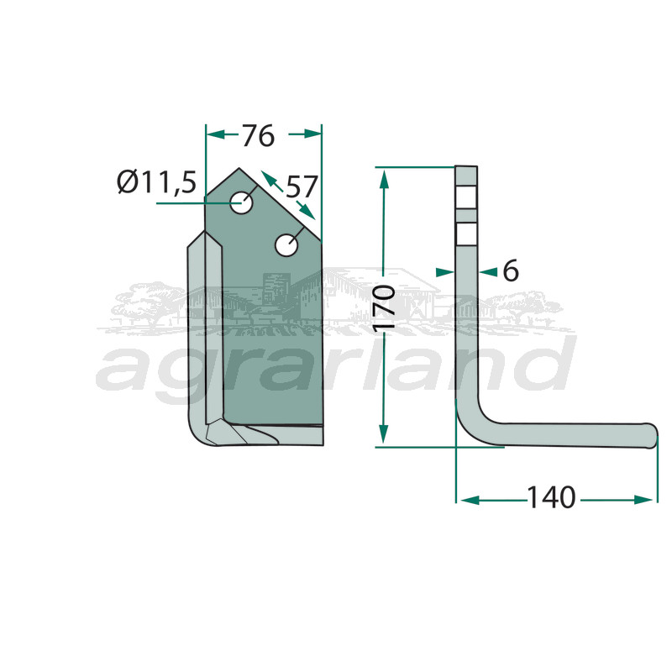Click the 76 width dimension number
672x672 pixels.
(258, 136)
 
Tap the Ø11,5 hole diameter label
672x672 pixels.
(156, 182)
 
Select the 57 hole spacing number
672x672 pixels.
(302, 186)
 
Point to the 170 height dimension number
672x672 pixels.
(384, 307)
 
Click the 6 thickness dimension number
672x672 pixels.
(511, 271)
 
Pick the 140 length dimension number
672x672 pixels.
(551, 497)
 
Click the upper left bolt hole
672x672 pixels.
(240, 202)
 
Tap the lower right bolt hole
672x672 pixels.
(286, 245)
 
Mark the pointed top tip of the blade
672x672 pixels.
(239, 169)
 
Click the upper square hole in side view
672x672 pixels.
(466, 197)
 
